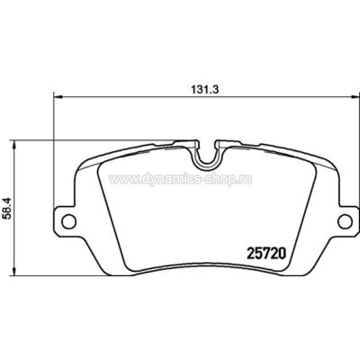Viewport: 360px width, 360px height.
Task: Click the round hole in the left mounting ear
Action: coord(66,220)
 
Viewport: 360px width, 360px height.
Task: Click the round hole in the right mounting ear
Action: coord(344,220)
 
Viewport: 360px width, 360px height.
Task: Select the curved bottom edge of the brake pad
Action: coord(205,280)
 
